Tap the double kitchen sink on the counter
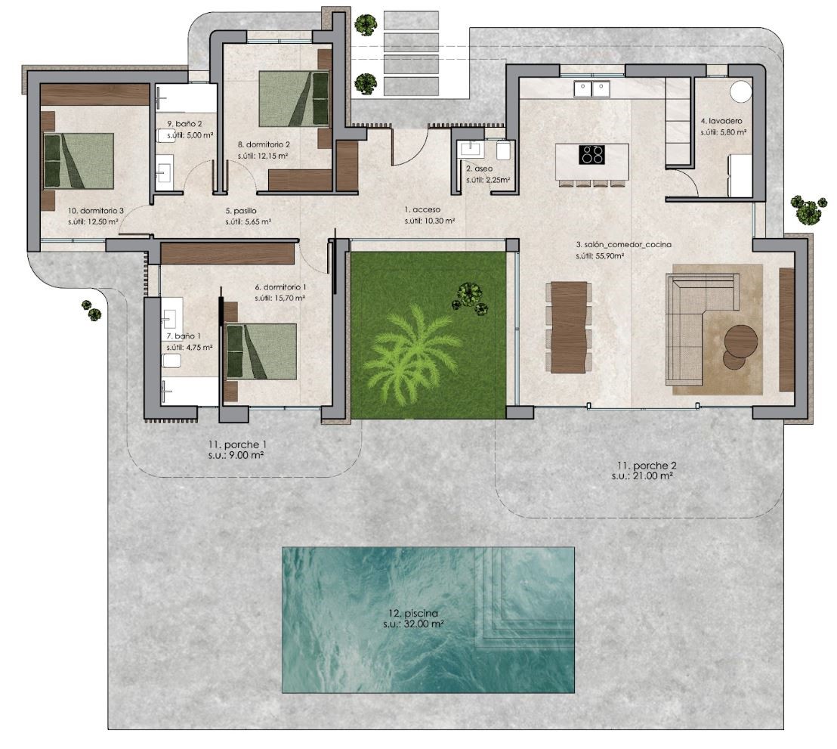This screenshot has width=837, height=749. [592, 88]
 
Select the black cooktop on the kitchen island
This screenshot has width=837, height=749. [592, 155]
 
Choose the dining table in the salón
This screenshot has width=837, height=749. [569, 327]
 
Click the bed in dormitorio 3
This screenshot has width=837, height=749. [79, 161]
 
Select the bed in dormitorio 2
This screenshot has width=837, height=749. [294, 99]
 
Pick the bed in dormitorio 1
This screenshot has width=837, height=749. [261, 351]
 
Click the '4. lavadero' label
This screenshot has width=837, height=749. [721, 121]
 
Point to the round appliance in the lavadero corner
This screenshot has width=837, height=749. [741, 90]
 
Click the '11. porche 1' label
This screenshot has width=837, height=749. [237, 444]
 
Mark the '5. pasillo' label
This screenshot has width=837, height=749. [241, 211]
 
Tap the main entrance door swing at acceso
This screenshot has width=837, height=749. [410, 146]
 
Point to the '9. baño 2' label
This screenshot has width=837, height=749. [184, 124]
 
